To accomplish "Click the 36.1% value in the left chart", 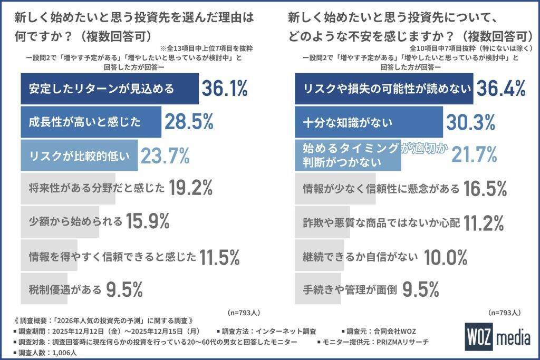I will point(224,89).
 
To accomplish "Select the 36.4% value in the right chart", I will point(501,89).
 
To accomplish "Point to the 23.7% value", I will point(165,155).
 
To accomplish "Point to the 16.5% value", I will point(484,188).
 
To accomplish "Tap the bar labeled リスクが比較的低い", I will point(79,155).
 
